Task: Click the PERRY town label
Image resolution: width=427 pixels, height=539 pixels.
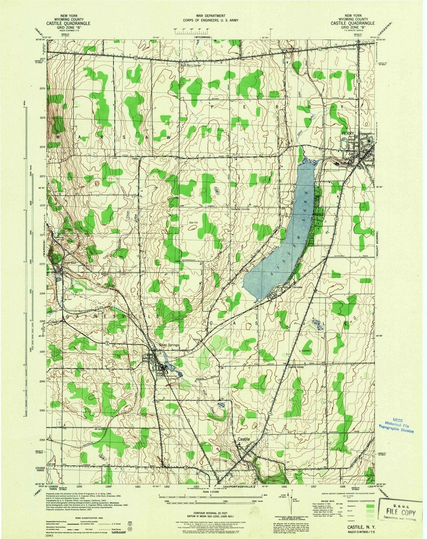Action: pos(347,133)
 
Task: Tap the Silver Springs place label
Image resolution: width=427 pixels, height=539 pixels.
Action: pos(169,345)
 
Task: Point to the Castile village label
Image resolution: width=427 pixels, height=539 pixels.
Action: pos(243,439)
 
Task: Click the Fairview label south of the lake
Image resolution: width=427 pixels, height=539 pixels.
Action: pos(298,287)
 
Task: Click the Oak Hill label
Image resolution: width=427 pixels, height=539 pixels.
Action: pos(193,222)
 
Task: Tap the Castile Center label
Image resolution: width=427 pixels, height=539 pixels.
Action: pos(296,367)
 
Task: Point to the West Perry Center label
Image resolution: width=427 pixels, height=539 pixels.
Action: pos(191,66)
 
